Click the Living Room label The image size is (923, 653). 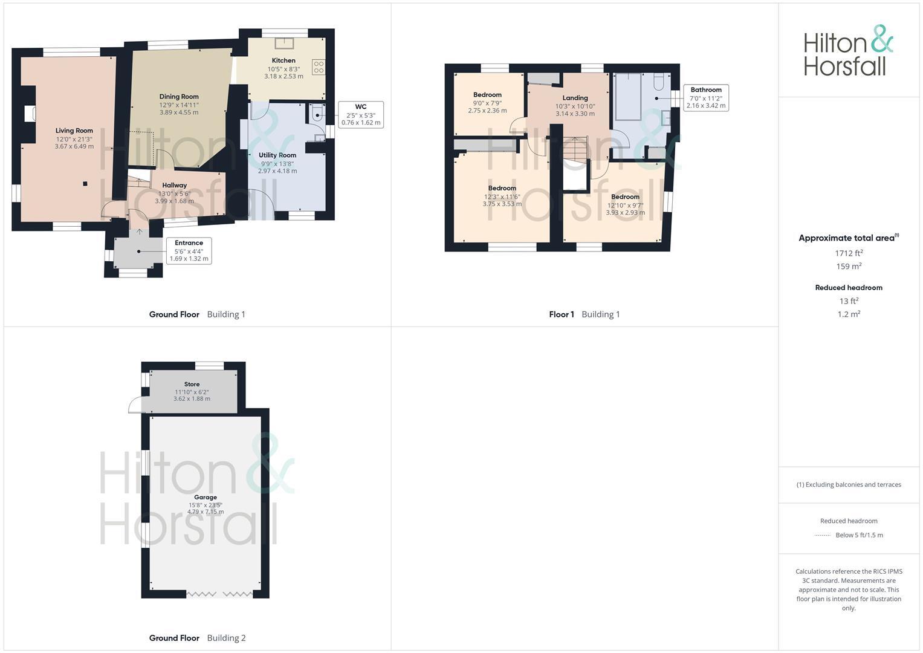pyautogui.click(x=74, y=131)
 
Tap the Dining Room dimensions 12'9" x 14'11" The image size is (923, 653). pyautogui.click(x=178, y=105)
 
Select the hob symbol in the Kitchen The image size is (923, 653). pyautogui.click(x=318, y=67)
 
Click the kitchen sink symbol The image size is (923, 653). pyautogui.click(x=283, y=43)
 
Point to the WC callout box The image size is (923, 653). pyautogui.click(x=361, y=114)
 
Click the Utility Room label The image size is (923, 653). pyautogui.click(x=277, y=155)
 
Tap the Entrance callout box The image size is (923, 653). pyautogui.click(x=189, y=250)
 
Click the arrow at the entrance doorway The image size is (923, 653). pyautogui.click(x=139, y=232)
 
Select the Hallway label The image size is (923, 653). pyautogui.click(x=174, y=185)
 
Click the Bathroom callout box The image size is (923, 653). pyautogui.click(x=706, y=97)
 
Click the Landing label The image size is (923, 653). pyautogui.click(x=575, y=98)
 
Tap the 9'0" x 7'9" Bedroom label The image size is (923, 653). pyautogui.click(x=487, y=95)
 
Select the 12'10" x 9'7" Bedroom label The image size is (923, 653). pyautogui.click(x=625, y=197)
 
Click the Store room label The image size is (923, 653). pyautogui.click(x=192, y=384)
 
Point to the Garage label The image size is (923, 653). pyautogui.click(x=206, y=497)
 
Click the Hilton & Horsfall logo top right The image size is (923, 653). pyautogui.click(x=848, y=51)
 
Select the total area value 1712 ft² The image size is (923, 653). pyautogui.click(x=849, y=253)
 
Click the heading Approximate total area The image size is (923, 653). pyautogui.click(x=848, y=238)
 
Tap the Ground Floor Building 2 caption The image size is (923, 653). pyautogui.click(x=197, y=637)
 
